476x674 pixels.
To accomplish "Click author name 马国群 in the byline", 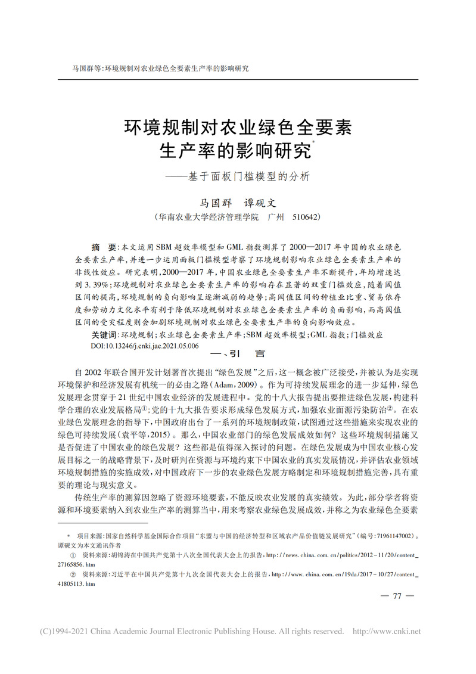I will click(x=214, y=203).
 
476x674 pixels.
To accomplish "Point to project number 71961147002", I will click(x=385, y=537).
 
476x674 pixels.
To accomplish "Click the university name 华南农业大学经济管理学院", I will click(x=208, y=218).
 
